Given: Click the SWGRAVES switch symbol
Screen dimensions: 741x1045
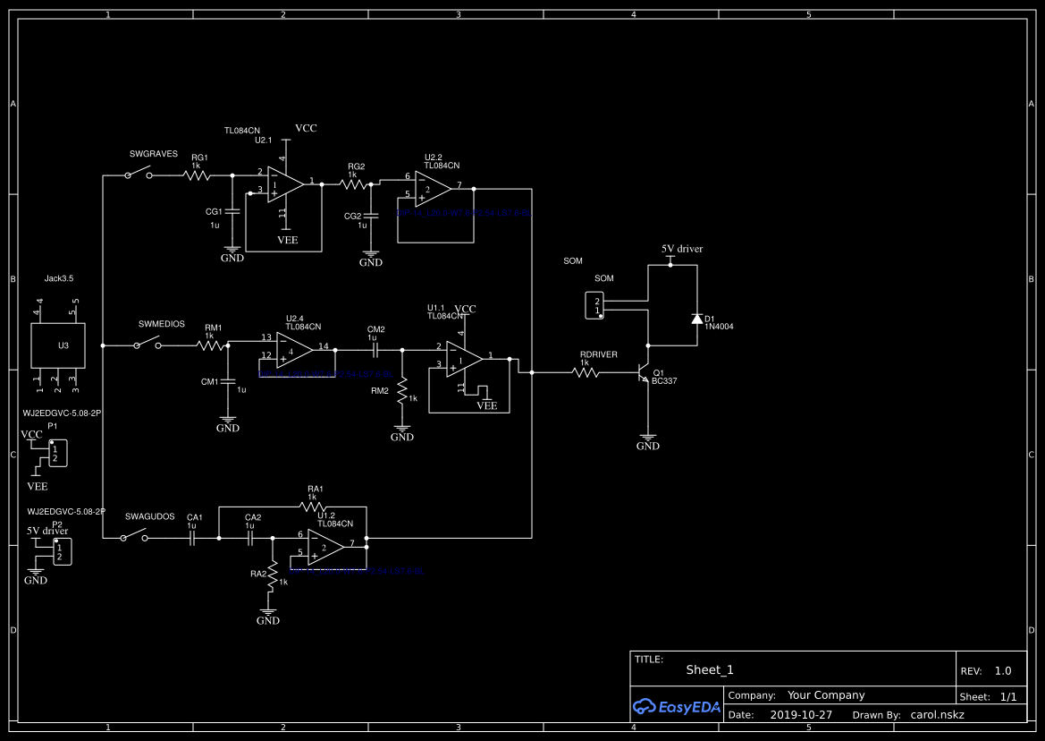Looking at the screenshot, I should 138,175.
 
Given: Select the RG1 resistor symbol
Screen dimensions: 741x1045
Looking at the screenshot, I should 198,176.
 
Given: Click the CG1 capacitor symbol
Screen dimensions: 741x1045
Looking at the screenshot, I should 232,212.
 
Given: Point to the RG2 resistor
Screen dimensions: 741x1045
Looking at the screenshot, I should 356,183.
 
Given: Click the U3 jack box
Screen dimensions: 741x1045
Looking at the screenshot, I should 58,345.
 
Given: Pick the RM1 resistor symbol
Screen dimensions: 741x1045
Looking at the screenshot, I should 212,345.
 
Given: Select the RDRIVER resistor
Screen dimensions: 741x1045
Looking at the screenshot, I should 586,372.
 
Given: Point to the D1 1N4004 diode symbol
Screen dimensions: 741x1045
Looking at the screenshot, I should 696,319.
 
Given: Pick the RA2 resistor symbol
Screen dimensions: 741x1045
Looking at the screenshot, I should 274,573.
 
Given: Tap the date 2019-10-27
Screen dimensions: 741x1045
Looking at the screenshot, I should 800,715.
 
